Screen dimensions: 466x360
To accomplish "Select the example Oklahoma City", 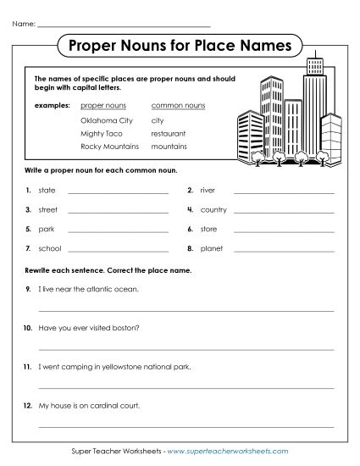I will (x=107, y=120).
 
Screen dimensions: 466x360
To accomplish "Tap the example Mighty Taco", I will (x=102, y=133).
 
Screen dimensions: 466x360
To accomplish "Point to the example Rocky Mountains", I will (x=109, y=147).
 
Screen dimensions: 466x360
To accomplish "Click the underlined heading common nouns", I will (x=178, y=106).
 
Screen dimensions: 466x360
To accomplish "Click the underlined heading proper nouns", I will (x=103, y=106).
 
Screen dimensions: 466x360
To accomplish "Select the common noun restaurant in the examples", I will (x=168, y=133).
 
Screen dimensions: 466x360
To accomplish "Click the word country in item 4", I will (x=213, y=209).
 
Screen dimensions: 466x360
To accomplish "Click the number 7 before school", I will (x=28, y=249).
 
